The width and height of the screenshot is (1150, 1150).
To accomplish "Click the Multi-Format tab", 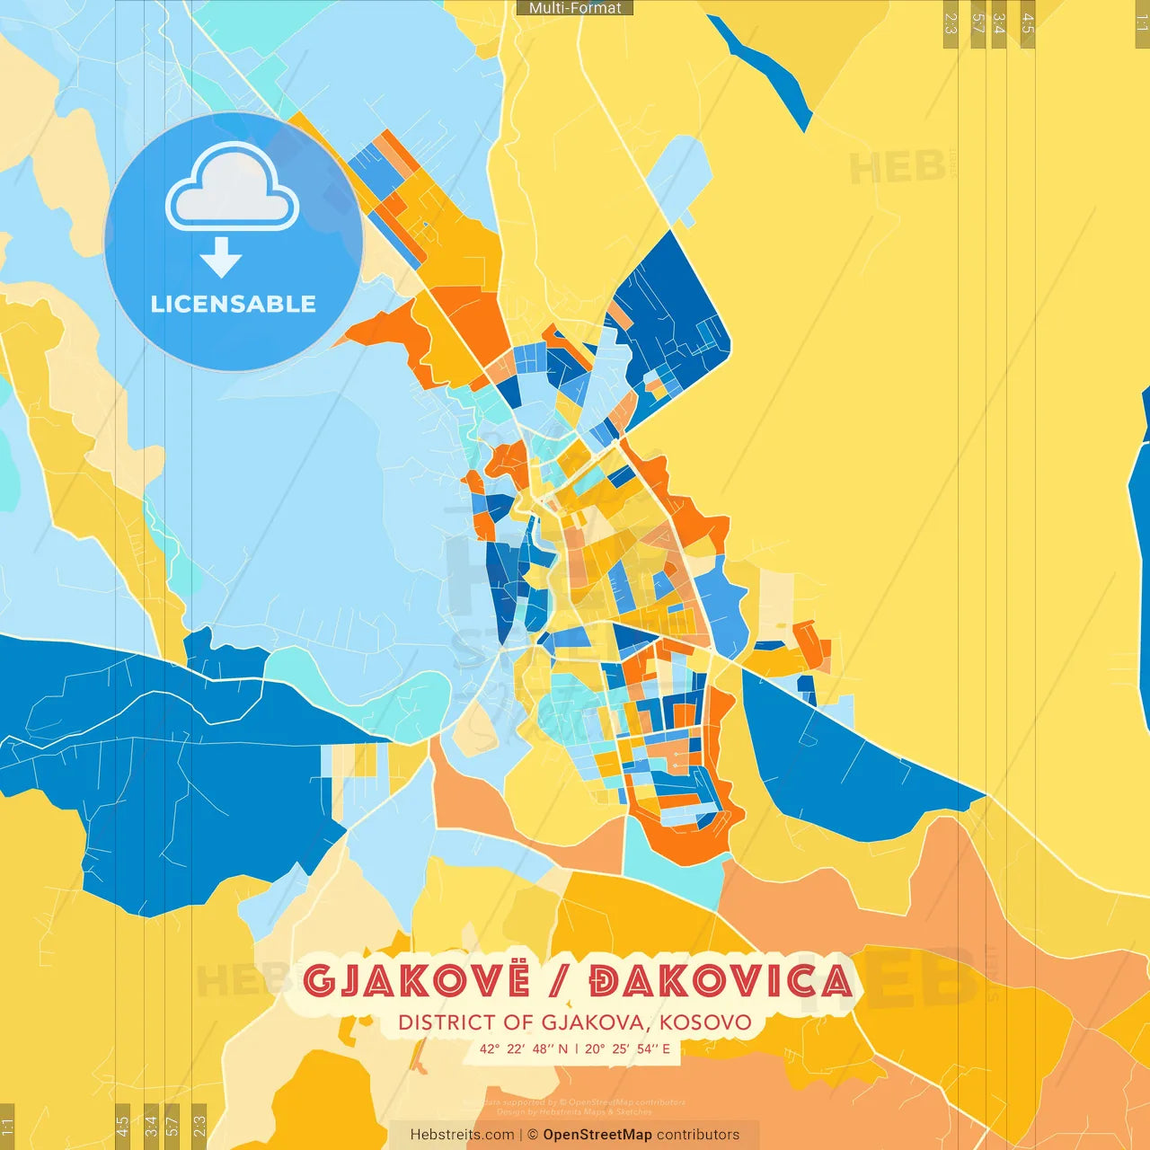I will [575, 8].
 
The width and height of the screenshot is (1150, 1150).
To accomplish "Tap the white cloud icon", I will [233, 189].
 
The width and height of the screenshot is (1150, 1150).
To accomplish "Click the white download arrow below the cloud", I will [221, 258].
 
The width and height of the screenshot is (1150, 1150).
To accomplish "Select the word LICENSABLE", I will [234, 304].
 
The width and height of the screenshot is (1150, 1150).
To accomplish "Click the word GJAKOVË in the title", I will [416, 981].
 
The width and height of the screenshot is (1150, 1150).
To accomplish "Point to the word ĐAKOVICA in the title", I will [721, 981].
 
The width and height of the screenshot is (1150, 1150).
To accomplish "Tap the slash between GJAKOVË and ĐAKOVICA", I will [561, 981].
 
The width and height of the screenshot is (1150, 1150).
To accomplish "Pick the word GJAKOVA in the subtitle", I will [592, 1022].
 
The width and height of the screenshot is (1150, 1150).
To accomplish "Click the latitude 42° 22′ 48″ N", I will [524, 1048].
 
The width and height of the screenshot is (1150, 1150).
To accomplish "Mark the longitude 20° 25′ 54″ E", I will [628, 1048].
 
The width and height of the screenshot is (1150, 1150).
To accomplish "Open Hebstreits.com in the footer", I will [462, 1135].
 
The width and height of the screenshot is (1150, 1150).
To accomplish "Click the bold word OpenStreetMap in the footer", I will [597, 1135].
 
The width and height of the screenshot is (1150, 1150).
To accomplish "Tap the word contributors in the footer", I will [698, 1135].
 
